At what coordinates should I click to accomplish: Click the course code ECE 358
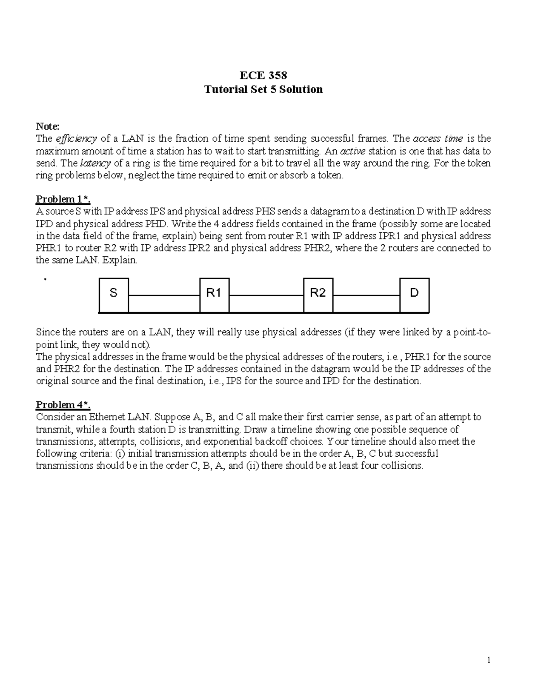[263, 75]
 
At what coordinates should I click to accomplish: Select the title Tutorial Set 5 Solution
[263, 90]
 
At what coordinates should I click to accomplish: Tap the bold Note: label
[48, 127]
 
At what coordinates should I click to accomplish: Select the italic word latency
[95, 163]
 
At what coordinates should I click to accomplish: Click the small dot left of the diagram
[45, 279]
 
